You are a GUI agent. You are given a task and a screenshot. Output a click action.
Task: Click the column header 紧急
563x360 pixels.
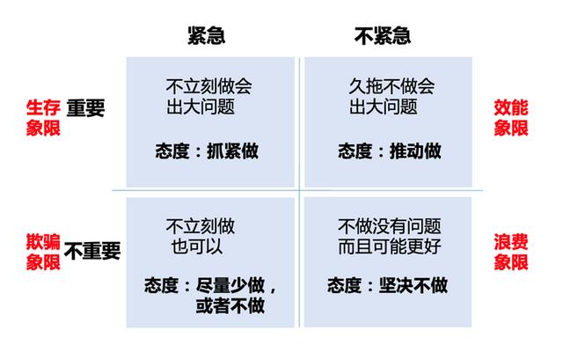207,35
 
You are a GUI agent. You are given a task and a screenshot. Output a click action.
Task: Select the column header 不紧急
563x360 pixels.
383,35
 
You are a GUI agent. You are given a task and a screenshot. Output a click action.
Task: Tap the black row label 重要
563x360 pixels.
85,107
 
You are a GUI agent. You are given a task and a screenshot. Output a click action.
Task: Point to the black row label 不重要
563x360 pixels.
92,251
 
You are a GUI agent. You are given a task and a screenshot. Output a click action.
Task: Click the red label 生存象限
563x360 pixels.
43,118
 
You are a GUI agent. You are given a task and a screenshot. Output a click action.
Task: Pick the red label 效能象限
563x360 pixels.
510,118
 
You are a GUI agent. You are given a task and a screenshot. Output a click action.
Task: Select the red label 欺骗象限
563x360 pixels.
43,252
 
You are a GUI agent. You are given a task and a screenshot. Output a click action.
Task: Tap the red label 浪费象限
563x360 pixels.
510,252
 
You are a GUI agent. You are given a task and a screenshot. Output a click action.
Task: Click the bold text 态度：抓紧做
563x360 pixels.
207,151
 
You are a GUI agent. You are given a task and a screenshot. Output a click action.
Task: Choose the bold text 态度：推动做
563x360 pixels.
390,151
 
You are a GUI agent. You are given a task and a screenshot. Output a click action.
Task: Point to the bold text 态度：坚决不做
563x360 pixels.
387,285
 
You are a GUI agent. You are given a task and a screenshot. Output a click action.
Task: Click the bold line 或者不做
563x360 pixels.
230,305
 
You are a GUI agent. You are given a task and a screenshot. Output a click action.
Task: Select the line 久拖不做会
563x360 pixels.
392,86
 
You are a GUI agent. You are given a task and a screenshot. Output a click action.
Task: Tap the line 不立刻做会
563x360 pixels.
209,86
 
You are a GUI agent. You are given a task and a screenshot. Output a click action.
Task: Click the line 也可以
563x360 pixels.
197,246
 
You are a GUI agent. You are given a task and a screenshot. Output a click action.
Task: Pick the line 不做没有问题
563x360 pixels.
390,226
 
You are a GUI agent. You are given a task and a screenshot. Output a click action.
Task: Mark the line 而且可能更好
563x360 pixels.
390,246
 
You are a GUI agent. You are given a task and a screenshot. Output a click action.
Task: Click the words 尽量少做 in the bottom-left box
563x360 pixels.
230,285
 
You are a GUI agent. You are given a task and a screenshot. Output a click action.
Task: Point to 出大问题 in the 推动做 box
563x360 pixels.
384,107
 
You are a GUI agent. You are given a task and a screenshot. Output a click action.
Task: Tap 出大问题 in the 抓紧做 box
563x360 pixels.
201,107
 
